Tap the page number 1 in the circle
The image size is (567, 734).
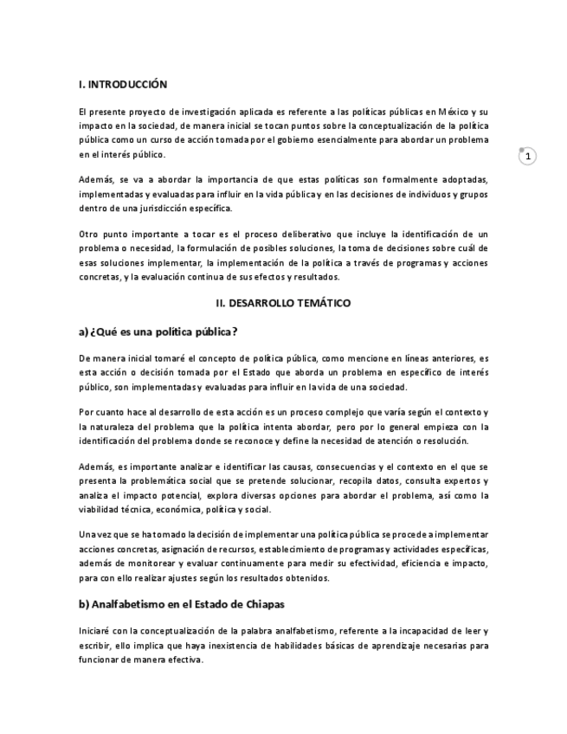(528, 157)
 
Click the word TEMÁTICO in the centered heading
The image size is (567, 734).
(321, 304)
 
